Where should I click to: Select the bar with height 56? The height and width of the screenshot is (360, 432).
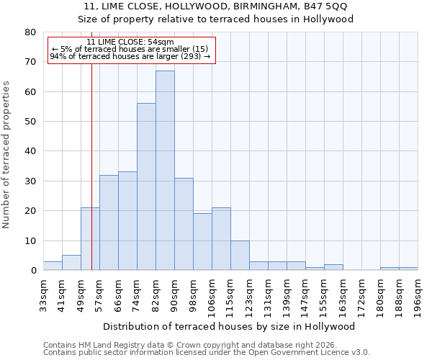click(146, 187)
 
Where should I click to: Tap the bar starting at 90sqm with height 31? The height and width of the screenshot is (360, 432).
click(184, 224)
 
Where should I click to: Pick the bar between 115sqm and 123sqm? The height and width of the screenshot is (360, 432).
click(240, 256)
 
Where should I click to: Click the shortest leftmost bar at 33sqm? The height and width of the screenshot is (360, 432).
click(53, 266)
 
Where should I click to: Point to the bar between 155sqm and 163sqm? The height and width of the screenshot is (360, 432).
click(333, 267)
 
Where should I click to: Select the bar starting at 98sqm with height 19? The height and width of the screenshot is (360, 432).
click(202, 242)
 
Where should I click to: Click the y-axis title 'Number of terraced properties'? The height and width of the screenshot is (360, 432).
click(7, 155)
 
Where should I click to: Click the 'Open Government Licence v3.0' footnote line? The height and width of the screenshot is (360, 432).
click(207, 352)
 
